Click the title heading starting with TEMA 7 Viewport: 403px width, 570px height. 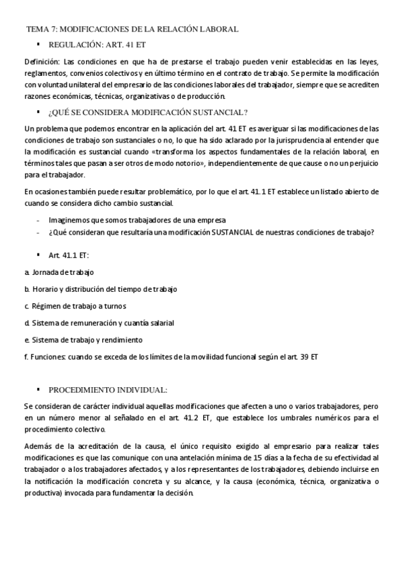(x=132, y=30)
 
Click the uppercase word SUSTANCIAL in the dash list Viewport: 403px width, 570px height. (x=232, y=233)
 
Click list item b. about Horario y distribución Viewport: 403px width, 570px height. (x=100, y=289)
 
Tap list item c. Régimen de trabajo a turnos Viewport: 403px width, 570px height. (x=75, y=306)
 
